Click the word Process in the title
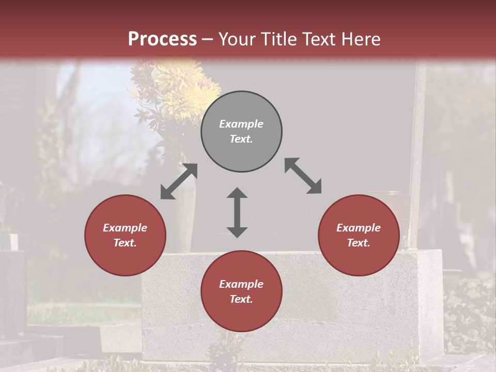162,39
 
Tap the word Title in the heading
279,39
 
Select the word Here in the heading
360,39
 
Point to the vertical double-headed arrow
237,212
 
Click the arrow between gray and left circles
179,181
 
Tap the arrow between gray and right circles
303,176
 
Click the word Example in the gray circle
241,124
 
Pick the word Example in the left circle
125,228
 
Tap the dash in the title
207,40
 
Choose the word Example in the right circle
359,228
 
